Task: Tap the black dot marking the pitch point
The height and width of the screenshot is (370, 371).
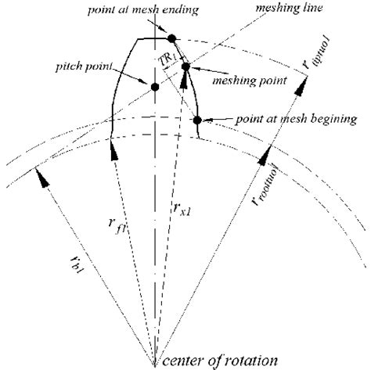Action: tap(155, 87)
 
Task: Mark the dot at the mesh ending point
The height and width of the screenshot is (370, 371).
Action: tap(171, 38)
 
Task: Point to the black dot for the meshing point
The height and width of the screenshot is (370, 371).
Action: tap(186, 68)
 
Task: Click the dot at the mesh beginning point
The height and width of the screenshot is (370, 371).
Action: tap(197, 120)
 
